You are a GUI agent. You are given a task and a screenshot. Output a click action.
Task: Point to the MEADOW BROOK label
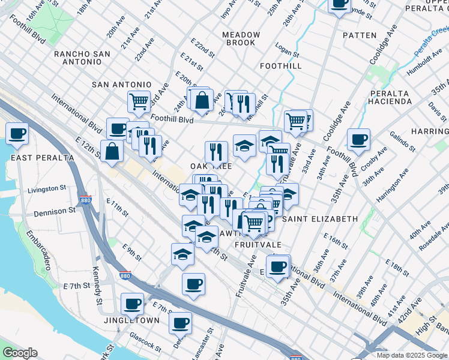coord(241,39)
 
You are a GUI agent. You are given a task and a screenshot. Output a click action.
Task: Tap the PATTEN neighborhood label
coord(360,35)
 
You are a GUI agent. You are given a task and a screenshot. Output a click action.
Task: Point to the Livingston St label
coord(46,189)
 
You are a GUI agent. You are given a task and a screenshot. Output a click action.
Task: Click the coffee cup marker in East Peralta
coord(17,133)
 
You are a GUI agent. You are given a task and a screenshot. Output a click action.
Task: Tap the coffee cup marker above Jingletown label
coord(132,304)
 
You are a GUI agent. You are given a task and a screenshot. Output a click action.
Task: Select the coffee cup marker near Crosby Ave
coord(358,140)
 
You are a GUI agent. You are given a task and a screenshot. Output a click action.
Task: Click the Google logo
coord(20,353)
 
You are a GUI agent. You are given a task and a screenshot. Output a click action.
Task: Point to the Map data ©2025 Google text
coord(412,355)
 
